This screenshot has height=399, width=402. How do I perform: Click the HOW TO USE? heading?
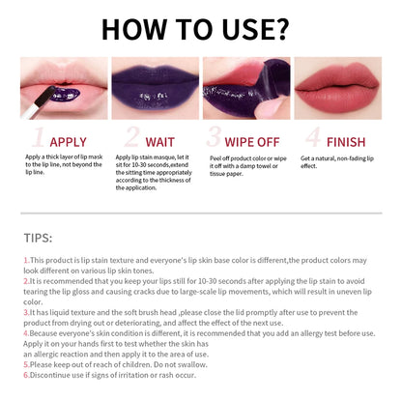click(201, 29)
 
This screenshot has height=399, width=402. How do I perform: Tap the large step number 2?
click(131, 136)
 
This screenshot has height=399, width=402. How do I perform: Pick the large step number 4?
click(312, 136)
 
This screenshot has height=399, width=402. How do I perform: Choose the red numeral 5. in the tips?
click(25, 366)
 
